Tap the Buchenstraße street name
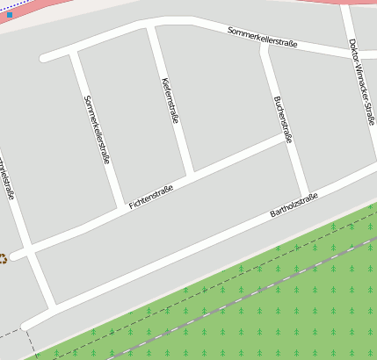click(x=283, y=119)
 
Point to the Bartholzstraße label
click(x=294, y=207)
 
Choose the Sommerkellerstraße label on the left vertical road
click(x=97, y=129)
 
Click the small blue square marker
click(x=9, y=15)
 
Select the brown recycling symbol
click(x=3, y=258)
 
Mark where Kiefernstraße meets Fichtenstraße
click(x=191, y=174)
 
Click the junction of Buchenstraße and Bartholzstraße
click(x=305, y=194)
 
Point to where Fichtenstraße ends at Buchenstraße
click(x=286, y=139)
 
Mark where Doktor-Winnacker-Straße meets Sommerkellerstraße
click(x=351, y=54)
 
